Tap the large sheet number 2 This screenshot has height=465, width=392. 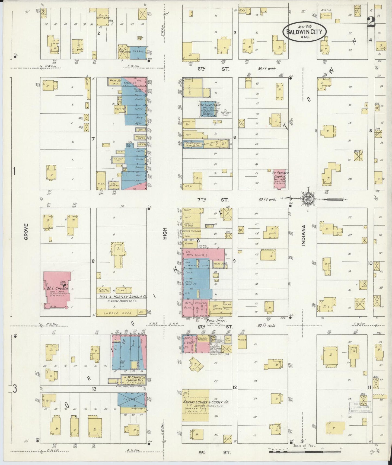(371, 21)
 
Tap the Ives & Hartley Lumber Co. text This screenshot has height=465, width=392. (122, 297)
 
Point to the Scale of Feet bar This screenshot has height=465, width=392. (298, 452)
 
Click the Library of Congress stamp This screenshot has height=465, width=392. (360, 407)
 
